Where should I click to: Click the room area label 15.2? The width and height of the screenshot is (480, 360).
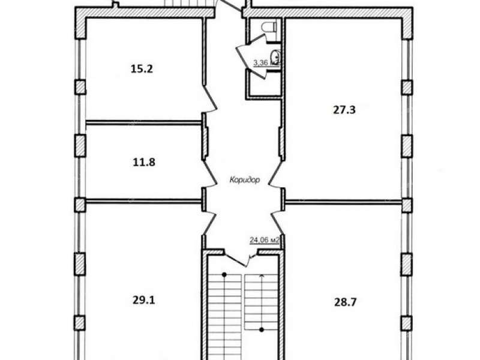pos(142,68)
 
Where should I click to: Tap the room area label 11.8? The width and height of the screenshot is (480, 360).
pos(144,162)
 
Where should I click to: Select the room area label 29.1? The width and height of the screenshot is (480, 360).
pos(143,301)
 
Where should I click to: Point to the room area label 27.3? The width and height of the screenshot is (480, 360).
pos(344,110)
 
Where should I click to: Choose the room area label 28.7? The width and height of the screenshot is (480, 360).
pos(346,302)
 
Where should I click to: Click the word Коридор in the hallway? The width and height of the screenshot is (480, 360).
pos(245,179)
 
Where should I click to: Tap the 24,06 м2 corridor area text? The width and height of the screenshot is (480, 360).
pos(265,240)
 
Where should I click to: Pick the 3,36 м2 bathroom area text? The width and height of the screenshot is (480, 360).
pos(266,63)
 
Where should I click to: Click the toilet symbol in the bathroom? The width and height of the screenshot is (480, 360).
pos(269,26)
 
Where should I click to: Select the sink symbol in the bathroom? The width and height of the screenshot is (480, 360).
pos(276,56)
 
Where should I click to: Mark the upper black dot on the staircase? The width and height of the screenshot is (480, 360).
pos(224,275)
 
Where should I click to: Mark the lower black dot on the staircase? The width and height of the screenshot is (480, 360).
pos(262,329)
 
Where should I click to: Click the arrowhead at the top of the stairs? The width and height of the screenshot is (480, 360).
pos(262,276)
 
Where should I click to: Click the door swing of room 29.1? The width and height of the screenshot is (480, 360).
pos(210,223)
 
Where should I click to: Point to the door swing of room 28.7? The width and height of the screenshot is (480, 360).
pos(277,223)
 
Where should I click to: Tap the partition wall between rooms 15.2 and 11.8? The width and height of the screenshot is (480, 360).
pos(143,123)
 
